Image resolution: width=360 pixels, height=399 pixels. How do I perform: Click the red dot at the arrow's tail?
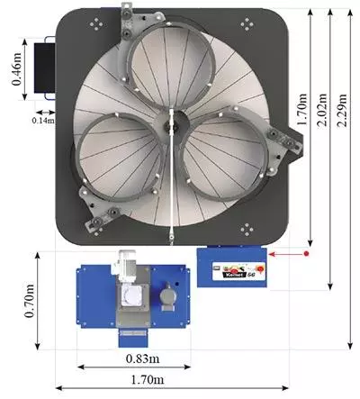[307, 254]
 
